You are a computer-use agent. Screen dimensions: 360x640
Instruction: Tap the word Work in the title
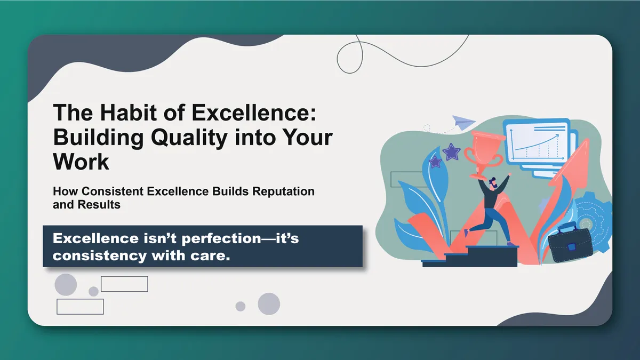click(x=81, y=161)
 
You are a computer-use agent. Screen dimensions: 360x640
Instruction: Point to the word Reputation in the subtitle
click(x=287, y=191)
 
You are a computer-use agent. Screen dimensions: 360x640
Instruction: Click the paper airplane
click(x=462, y=122)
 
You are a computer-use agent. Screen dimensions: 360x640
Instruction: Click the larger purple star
click(x=452, y=151)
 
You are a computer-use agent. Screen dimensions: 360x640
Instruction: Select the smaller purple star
click(x=435, y=161)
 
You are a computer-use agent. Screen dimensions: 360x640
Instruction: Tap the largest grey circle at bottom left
click(x=66, y=284)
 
